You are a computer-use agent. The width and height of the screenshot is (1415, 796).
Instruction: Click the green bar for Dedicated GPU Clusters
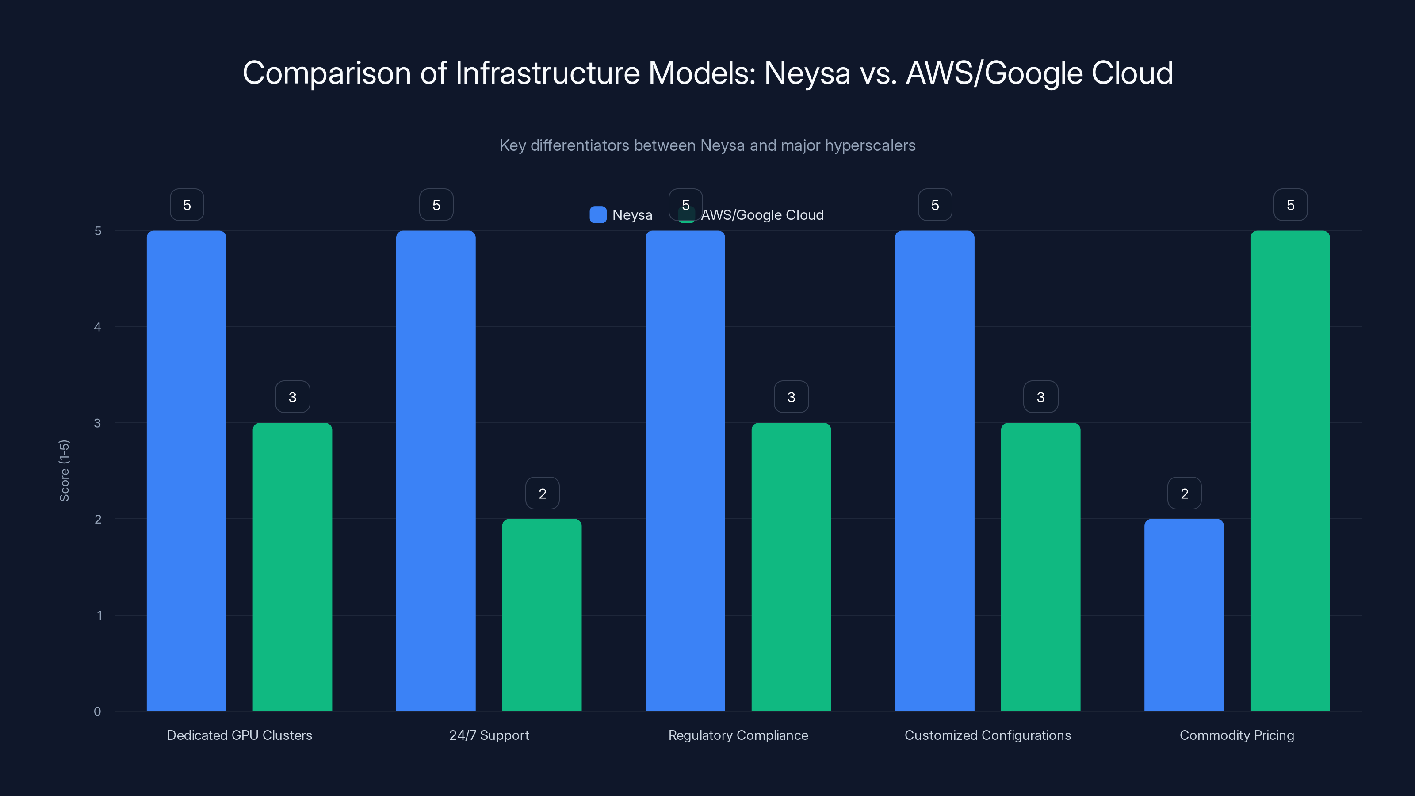click(x=292, y=566)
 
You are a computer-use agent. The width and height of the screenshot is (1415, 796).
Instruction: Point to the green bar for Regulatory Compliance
click(x=791, y=566)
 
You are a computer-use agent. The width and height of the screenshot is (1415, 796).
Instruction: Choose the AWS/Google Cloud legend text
click(x=762, y=215)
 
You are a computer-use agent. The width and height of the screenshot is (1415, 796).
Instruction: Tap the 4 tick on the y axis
click(x=98, y=327)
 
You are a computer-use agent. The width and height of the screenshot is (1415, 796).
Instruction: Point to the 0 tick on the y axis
click(x=98, y=712)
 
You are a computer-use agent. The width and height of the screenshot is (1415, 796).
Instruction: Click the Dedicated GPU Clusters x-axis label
click(x=240, y=735)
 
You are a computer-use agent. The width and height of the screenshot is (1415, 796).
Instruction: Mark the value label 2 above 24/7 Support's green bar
click(x=542, y=494)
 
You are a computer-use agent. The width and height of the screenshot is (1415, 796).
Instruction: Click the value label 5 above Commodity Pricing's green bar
click(x=1290, y=205)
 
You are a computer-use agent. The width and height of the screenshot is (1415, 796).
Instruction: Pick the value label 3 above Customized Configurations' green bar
click(x=1040, y=397)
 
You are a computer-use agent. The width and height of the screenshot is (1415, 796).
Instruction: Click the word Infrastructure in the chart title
click(x=548, y=73)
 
